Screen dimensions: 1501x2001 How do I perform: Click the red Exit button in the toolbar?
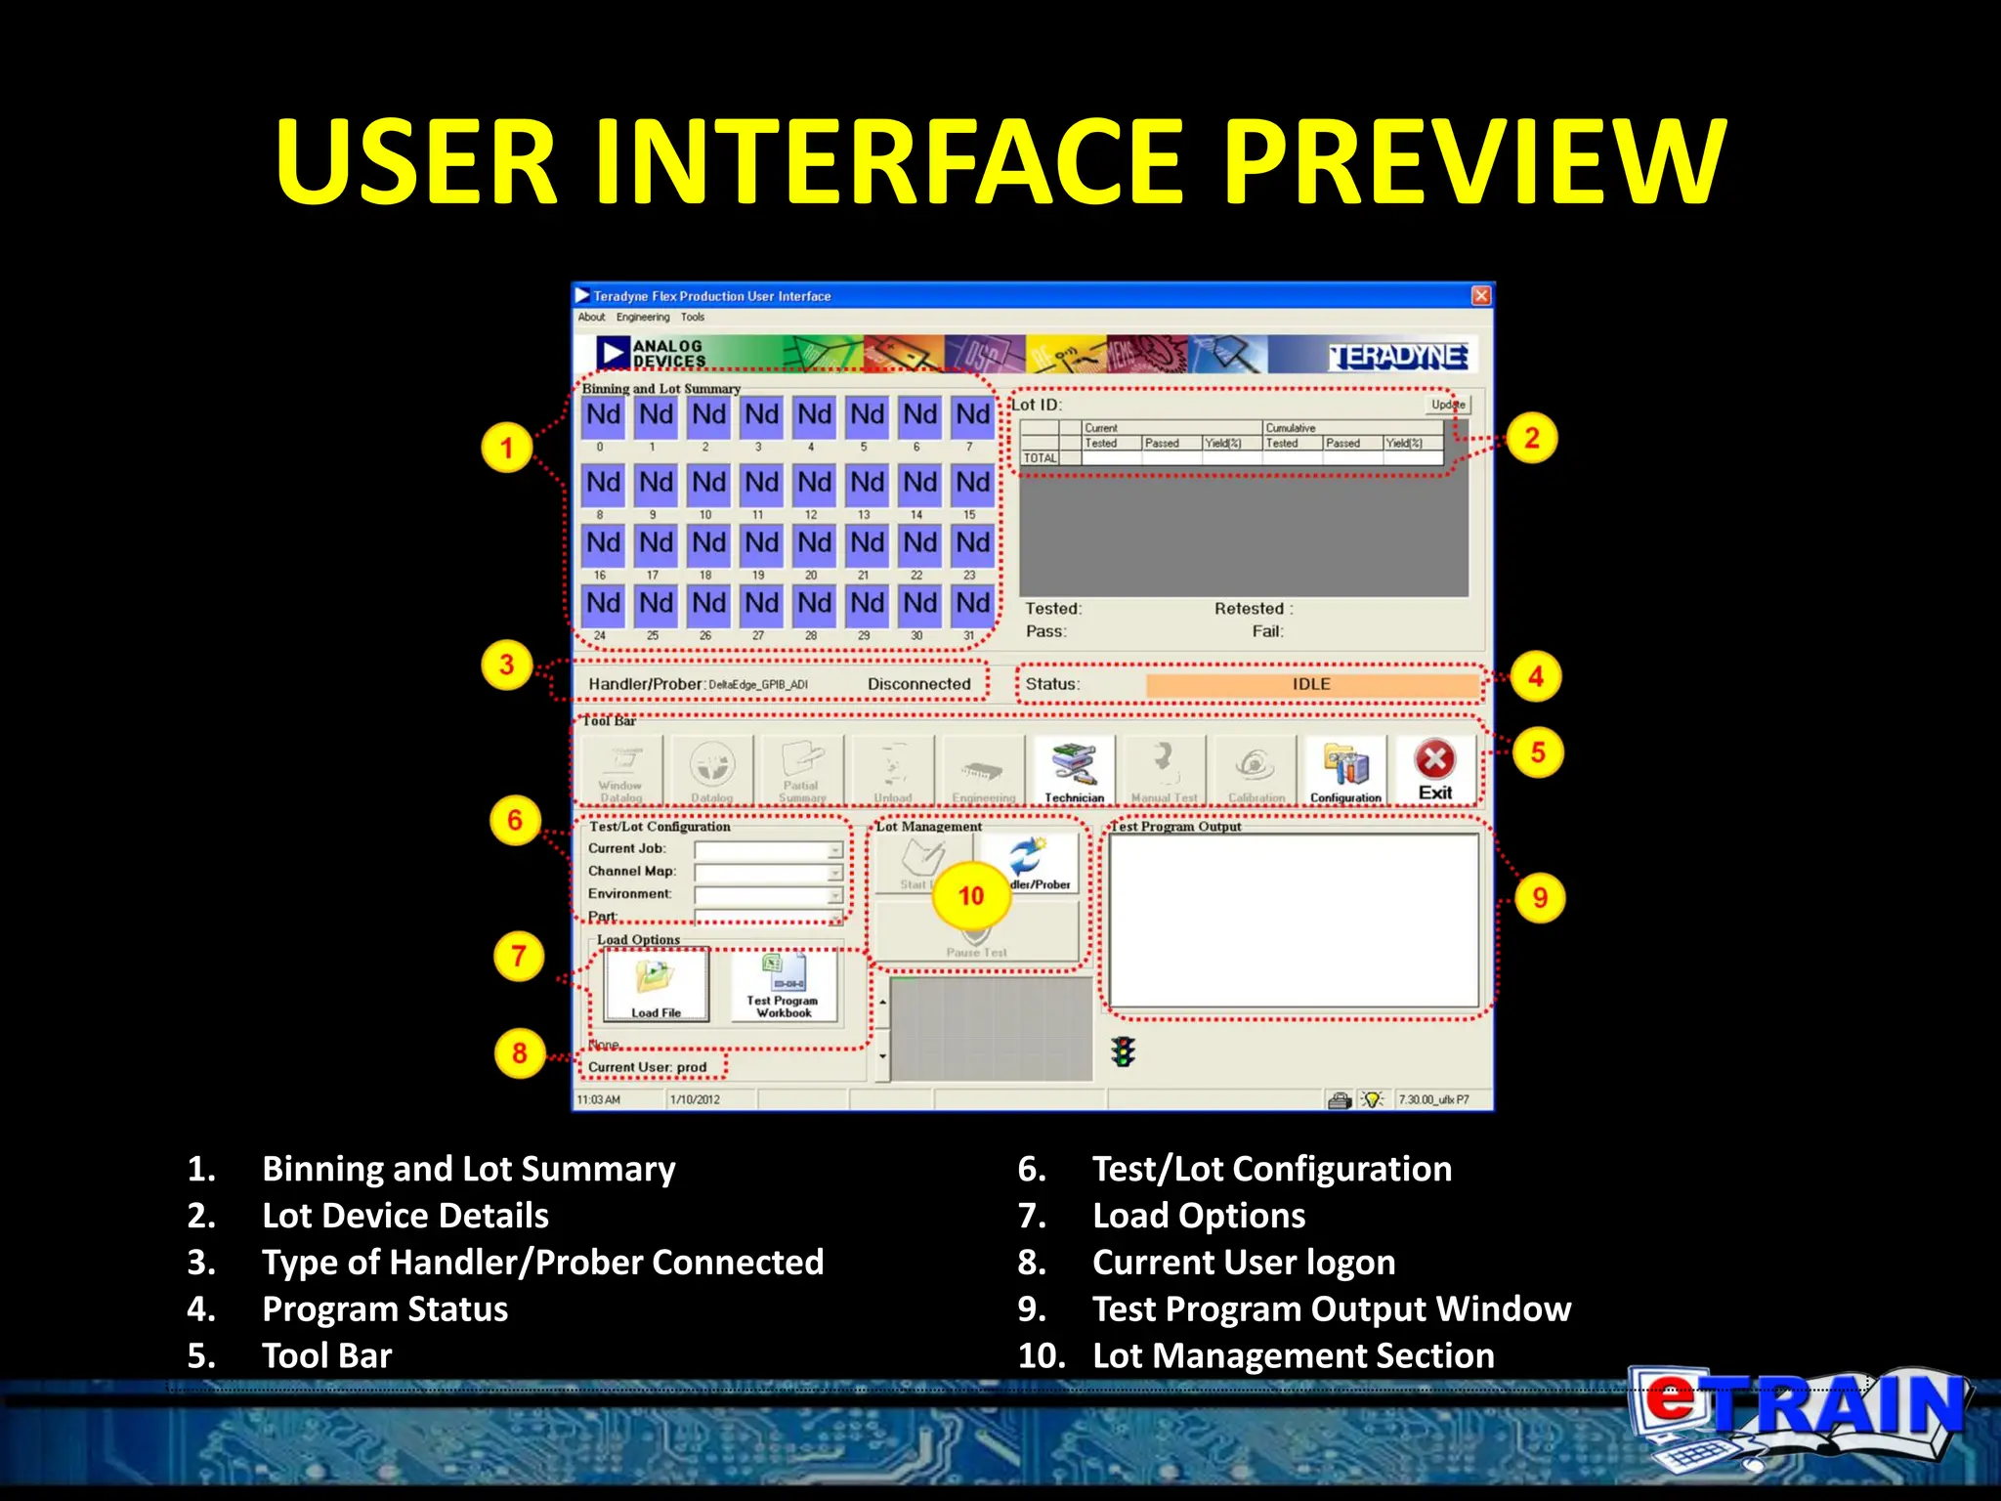(x=1434, y=769)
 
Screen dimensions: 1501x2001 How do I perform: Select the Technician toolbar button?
(x=1074, y=770)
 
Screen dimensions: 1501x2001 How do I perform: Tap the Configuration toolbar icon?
(x=1345, y=770)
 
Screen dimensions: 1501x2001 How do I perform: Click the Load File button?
(x=656, y=984)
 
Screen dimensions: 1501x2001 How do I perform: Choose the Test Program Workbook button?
(x=784, y=985)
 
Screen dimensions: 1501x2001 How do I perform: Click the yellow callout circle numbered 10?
(x=970, y=895)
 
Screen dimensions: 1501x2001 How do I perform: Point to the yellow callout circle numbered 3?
(x=506, y=665)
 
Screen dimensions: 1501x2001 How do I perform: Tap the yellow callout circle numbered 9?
(x=1539, y=897)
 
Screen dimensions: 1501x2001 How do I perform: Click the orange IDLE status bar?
(x=1311, y=684)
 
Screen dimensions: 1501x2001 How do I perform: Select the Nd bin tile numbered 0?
(x=603, y=415)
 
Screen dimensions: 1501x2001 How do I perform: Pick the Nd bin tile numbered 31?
(x=972, y=604)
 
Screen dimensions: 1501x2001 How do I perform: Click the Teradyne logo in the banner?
(x=1398, y=357)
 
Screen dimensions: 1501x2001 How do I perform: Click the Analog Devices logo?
(x=652, y=354)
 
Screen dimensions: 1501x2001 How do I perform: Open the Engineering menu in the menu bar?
(x=643, y=318)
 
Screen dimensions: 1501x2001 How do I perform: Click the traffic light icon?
(x=1124, y=1051)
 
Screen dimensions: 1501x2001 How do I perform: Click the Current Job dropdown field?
(x=767, y=849)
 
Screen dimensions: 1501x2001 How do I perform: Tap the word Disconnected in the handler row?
(x=918, y=684)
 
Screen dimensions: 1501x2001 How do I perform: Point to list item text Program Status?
(x=385, y=1308)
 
